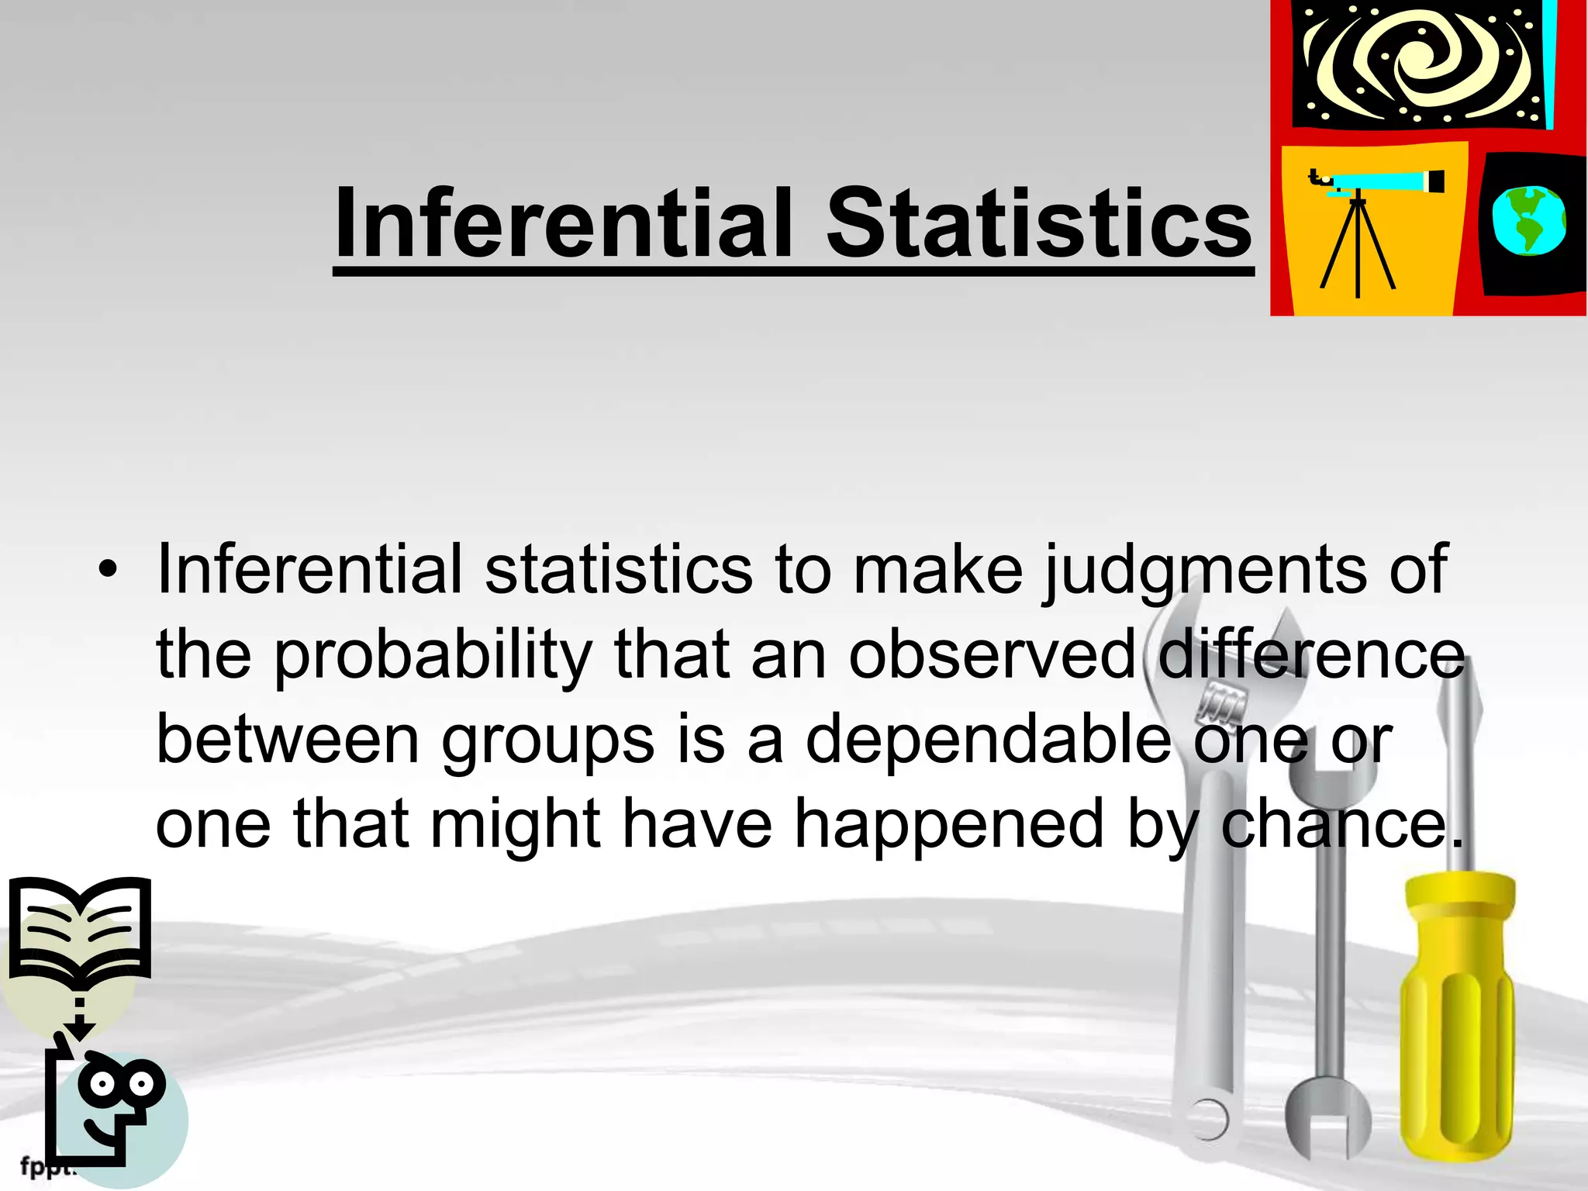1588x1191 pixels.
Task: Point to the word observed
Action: pos(992,656)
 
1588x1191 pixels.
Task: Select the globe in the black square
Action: pos(1528,221)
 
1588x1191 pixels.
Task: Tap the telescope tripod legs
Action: pos(1357,248)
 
